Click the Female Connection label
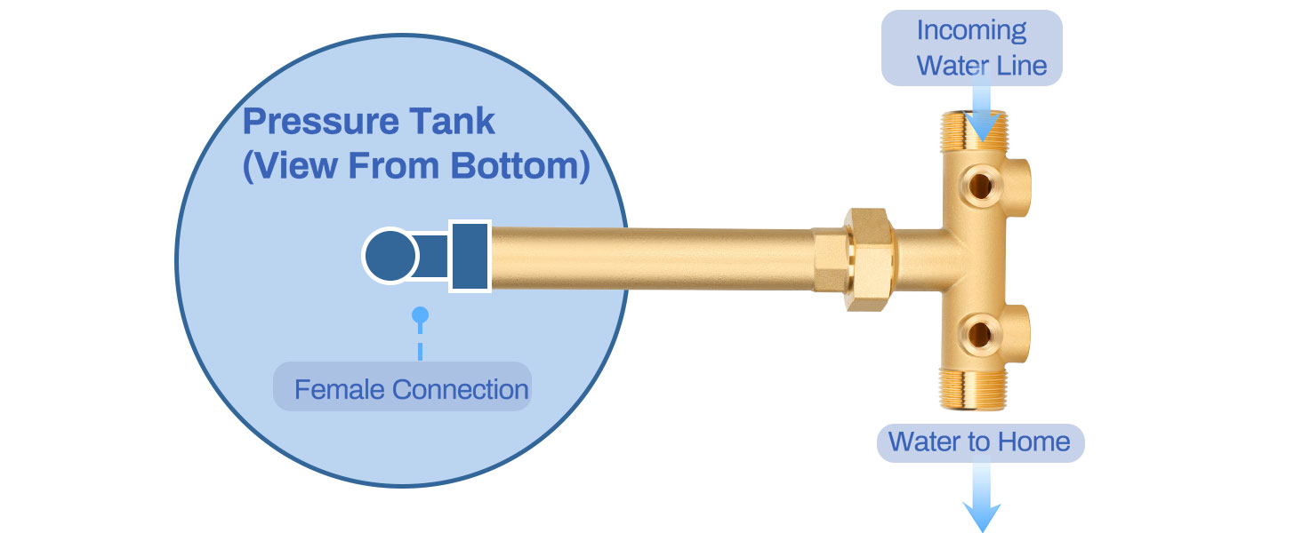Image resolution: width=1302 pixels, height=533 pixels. pos(411,389)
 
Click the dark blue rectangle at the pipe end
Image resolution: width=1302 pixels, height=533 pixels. pos(469,256)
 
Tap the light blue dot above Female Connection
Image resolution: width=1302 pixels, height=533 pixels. pos(420,314)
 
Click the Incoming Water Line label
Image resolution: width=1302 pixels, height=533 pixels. pos(972,48)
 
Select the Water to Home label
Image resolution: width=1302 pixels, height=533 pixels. pos(979,442)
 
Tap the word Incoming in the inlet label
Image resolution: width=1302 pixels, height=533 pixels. pos(971,30)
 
